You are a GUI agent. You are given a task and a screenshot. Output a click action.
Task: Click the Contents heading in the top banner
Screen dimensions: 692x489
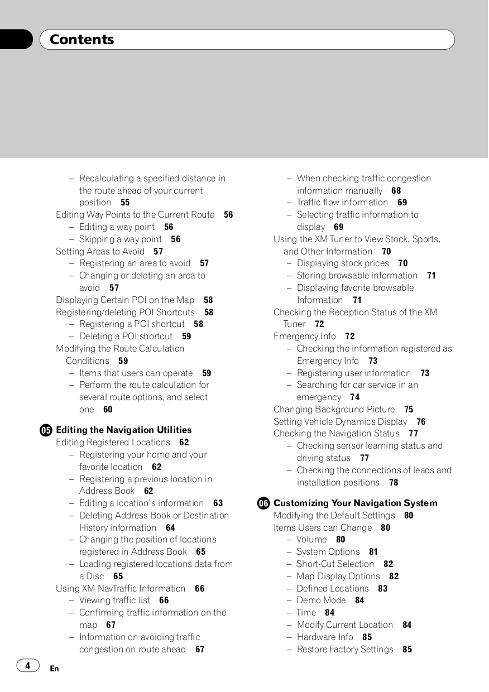coord(81,40)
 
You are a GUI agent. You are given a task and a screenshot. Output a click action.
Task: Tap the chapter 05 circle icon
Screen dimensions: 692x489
coord(46,430)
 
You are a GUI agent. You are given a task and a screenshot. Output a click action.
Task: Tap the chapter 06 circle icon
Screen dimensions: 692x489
coord(263,503)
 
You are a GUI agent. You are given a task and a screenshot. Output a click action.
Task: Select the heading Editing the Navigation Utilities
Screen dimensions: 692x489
coord(123,430)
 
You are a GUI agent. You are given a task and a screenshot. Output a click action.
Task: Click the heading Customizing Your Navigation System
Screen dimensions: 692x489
coord(355,503)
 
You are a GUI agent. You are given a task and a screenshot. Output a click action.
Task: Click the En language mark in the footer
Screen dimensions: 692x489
coord(54,669)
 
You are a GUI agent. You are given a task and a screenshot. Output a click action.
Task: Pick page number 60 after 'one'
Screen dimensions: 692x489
coord(108,410)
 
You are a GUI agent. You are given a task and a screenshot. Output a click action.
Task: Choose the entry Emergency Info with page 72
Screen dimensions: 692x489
coord(305,337)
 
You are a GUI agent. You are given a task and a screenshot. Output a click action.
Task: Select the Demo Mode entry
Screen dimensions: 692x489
coord(321,600)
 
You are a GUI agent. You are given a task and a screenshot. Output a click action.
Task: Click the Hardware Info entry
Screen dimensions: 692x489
coord(325,637)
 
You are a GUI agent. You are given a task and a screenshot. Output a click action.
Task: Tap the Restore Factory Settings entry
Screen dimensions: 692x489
coord(345,650)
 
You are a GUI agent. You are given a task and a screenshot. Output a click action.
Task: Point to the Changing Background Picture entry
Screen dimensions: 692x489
coord(334,410)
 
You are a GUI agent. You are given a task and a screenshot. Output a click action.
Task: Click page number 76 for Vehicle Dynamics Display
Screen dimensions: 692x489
coord(421,422)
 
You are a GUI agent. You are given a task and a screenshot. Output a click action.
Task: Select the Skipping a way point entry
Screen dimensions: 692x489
coord(120,239)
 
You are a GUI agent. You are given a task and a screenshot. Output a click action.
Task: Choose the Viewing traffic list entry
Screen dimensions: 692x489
coord(114,600)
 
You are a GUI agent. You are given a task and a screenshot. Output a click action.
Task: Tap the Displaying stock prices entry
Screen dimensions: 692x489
coord(343,263)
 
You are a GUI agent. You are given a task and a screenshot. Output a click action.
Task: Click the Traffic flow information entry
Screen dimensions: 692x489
coord(342,203)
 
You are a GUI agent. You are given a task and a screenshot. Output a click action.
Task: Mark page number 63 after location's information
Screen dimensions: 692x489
coord(218,503)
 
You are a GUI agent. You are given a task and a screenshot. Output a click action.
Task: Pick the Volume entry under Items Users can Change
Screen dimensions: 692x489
coord(311,540)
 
